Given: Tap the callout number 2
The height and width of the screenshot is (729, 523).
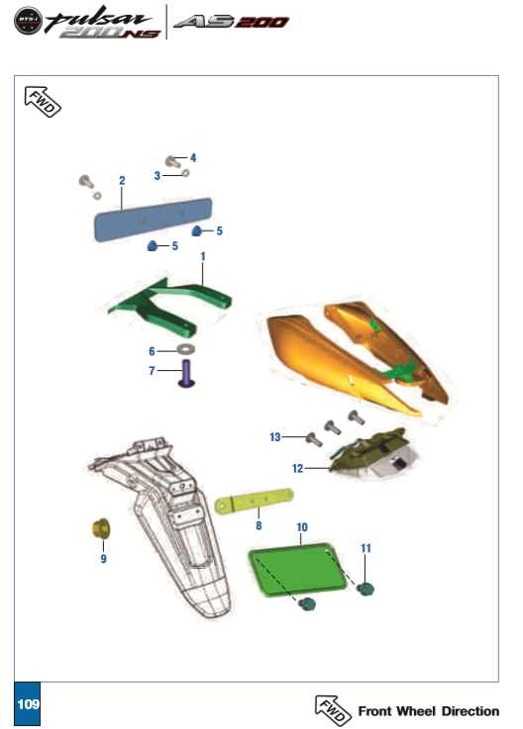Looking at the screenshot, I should [122, 181].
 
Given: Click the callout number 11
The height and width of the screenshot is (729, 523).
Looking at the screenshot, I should [366, 547].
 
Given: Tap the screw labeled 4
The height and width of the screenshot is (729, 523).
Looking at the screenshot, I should [171, 160].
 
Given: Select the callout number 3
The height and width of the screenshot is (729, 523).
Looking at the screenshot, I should [157, 175].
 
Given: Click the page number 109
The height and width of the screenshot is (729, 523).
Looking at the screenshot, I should [27, 704].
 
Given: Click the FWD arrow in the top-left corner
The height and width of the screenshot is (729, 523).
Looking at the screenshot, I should [42, 101].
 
